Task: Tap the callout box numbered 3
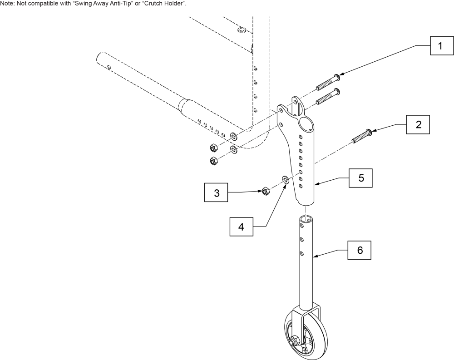tap(217, 193)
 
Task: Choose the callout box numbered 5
tap(361, 178)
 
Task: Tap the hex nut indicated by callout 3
tap(266, 191)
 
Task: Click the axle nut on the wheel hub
tap(294, 339)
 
